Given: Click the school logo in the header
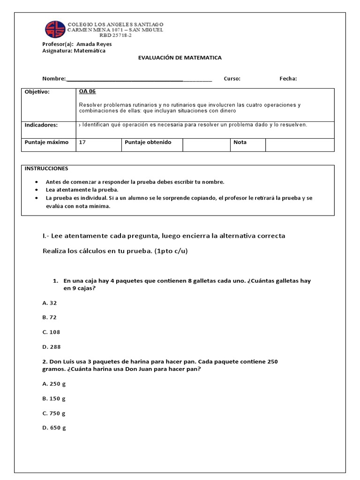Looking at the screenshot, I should (x=55, y=29).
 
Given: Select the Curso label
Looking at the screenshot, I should (x=232, y=79).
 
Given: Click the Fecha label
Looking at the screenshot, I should (x=288, y=79).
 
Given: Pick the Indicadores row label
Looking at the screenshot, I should (x=41, y=125).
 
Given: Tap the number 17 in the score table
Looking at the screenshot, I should (x=82, y=142).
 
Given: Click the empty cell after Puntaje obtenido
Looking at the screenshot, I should (x=206, y=145).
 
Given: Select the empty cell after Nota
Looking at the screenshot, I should (x=300, y=145).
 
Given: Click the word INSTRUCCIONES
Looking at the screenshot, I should (x=46, y=168).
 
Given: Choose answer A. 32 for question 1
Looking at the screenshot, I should (x=49, y=303).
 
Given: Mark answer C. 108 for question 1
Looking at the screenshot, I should (x=51, y=332).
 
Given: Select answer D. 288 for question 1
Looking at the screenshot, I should (x=51, y=347).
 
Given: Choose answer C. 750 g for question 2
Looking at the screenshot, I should (x=54, y=413).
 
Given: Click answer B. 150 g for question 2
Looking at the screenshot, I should (x=54, y=398).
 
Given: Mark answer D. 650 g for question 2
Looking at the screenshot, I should (x=54, y=428).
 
